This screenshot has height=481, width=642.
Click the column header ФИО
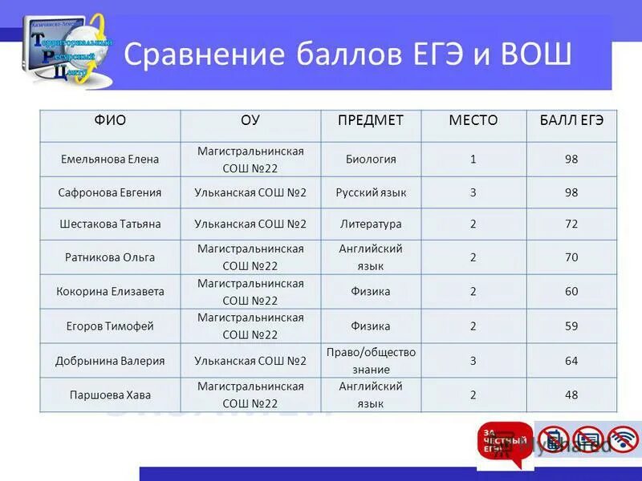point(110,120)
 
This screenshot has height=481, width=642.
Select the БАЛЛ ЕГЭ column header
point(571,120)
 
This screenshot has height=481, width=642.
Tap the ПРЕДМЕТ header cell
point(370,120)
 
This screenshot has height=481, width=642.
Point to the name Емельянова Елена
point(110,160)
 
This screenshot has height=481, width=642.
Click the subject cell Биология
point(370,160)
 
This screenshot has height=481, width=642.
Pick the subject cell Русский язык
point(370,192)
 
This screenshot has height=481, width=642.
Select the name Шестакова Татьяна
point(110,224)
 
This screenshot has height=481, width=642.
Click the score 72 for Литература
point(571,224)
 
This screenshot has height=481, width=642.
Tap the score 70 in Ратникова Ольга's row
point(571,257)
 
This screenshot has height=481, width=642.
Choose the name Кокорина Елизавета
point(110,292)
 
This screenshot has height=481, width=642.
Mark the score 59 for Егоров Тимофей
point(571,326)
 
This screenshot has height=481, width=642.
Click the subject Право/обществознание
point(370,361)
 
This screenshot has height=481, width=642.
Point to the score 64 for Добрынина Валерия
point(571,361)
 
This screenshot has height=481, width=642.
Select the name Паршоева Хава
point(110,395)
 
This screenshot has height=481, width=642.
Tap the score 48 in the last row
point(571,395)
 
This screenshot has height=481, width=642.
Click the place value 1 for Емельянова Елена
point(473,160)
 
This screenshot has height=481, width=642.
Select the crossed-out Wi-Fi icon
point(623,439)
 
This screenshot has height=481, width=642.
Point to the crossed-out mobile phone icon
point(554,439)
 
